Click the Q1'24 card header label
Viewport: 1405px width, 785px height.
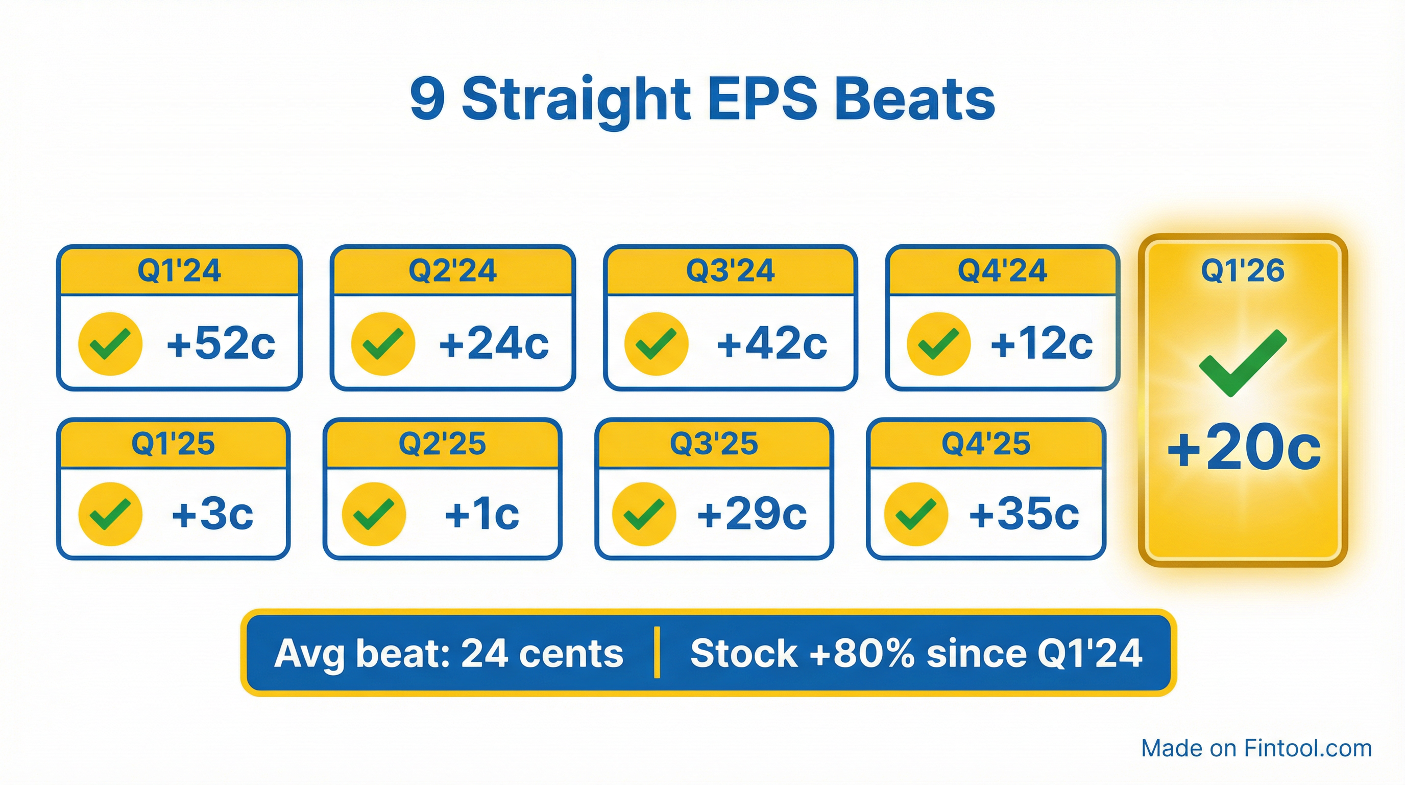click(179, 270)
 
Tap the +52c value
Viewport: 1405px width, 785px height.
click(221, 343)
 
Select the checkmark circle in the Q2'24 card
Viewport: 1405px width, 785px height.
click(383, 344)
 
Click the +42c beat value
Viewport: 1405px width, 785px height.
click(771, 343)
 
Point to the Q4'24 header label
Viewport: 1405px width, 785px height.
click(1002, 270)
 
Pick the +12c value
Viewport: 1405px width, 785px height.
click(1041, 343)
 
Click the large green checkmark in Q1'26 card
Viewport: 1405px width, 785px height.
click(1243, 362)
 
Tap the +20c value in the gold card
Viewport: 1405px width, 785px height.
click(1244, 448)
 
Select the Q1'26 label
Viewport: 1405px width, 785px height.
click(1243, 270)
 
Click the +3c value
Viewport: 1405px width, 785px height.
click(212, 514)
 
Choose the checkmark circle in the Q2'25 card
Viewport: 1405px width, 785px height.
click(374, 514)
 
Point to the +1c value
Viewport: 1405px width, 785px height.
click(481, 514)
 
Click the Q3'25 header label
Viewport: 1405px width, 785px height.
click(713, 443)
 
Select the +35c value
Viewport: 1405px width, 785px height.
click(1024, 514)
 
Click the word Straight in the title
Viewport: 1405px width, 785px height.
click(576, 99)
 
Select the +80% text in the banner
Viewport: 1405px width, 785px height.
click(862, 653)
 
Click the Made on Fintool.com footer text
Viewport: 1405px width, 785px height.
click(1256, 748)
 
